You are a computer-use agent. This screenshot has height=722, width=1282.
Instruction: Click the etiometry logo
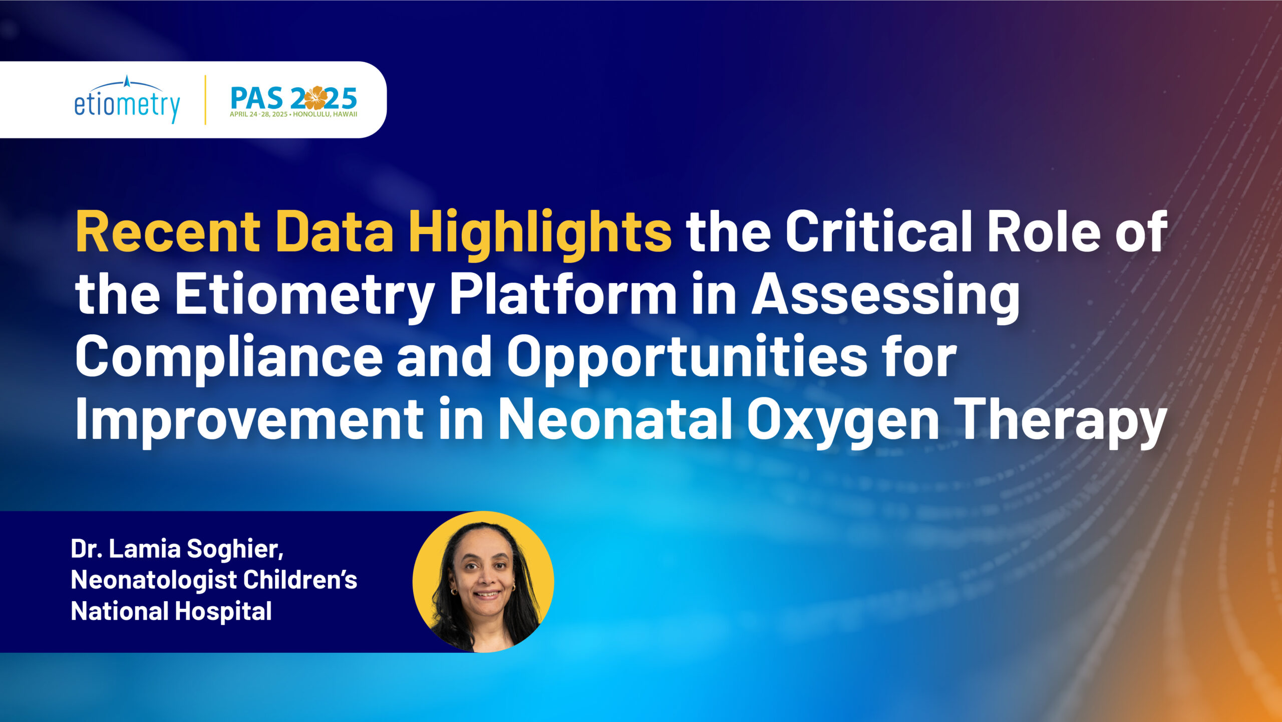click(127, 100)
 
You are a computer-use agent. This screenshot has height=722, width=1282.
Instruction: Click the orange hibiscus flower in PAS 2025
click(315, 98)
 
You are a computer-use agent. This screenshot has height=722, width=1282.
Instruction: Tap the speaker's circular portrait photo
click(483, 582)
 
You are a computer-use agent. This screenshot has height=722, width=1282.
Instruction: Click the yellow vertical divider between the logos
click(205, 100)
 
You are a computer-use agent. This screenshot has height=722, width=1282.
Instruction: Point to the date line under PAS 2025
click(293, 114)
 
